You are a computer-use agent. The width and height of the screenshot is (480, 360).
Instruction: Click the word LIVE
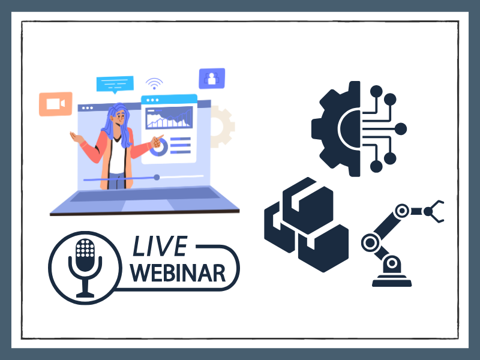pyautogui.click(x=160, y=246)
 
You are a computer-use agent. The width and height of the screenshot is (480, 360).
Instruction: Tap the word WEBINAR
pyautogui.click(x=178, y=273)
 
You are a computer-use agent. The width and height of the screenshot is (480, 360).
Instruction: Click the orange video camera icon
pyautogui.click(x=56, y=104)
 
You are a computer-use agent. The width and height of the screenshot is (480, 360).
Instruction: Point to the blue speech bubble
pyautogui.click(x=115, y=84)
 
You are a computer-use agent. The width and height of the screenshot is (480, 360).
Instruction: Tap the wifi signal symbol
pyautogui.click(x=154, y=83)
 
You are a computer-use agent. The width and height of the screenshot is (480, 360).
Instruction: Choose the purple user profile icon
pyautogui.click(x=212, y=79)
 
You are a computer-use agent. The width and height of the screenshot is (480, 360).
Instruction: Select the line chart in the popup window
pyautogui.click(x=169, y=117)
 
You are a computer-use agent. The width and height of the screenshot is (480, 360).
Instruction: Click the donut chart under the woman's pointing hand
pyautogui.click(x=160, y=148)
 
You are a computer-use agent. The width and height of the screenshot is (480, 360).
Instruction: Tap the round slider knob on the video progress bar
pyautogui.click(x=157, y=177)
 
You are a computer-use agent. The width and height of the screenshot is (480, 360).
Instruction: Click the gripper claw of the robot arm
pyautogui.click(x=434, y=211)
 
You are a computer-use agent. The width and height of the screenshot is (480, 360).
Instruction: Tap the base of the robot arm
pyautogui.click(x=392, y=280)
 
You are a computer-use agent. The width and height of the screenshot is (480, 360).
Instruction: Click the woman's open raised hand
pyautogui.click(x=76, y=137)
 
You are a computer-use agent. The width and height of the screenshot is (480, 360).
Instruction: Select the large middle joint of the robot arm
pyautogui.click(x=370, y=243)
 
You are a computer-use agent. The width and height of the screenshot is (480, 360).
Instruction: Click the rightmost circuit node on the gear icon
pyautogui.click(x=401, y=129)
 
